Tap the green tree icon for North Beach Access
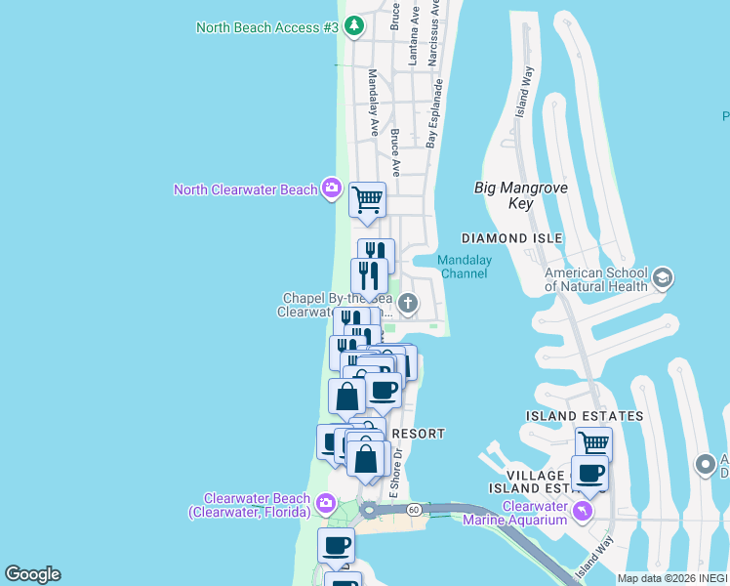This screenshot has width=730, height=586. coord(354,26)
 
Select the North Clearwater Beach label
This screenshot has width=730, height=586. coord(245,189)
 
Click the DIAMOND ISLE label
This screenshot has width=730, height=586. coord(511,238)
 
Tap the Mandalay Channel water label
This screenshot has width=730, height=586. coord(464,267)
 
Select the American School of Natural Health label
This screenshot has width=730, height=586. coord(595,279)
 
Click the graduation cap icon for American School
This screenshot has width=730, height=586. coord(662,279)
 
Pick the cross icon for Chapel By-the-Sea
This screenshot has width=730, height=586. coord(407,305)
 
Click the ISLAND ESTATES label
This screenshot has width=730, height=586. coord(585,416)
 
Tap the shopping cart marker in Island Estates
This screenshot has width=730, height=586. coord(593,442)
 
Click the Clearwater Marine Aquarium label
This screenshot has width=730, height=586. coord(534,513)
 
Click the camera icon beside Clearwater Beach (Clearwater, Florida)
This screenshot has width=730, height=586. coord(326,505)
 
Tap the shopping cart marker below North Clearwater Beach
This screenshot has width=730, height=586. coord(367,200)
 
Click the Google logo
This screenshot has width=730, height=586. coord(32,574)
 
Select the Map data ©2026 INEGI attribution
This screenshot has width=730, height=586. coord(672,578)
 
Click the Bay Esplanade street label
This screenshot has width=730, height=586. coord(435,114)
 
